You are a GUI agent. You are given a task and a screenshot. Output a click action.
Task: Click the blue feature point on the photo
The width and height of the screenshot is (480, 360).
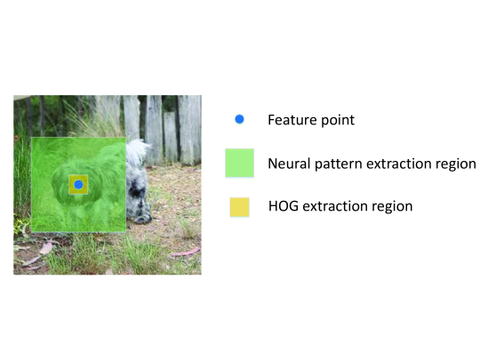(79, 185)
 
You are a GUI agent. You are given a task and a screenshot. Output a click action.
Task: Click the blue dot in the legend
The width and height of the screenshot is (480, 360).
(239, 119)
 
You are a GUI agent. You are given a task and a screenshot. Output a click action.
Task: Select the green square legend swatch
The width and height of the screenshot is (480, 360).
(239, 163)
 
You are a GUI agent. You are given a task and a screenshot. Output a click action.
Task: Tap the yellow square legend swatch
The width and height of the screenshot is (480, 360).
(239, 207)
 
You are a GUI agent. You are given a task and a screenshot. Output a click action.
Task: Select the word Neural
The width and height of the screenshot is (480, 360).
(289, 164)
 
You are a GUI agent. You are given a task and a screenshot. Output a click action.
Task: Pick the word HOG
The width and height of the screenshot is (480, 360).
(284, 206)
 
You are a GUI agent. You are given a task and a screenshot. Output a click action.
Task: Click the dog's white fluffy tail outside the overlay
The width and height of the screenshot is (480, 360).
(137, 152)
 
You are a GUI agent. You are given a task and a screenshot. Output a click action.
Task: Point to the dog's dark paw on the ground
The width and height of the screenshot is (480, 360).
(142, 219)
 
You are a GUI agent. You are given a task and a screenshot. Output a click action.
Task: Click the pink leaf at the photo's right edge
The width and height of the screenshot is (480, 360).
(186, 252)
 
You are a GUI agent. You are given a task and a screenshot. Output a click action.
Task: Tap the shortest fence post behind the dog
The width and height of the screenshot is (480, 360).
(170, 138)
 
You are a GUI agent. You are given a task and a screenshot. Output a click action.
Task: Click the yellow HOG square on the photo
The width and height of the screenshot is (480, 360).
(78, 185)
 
